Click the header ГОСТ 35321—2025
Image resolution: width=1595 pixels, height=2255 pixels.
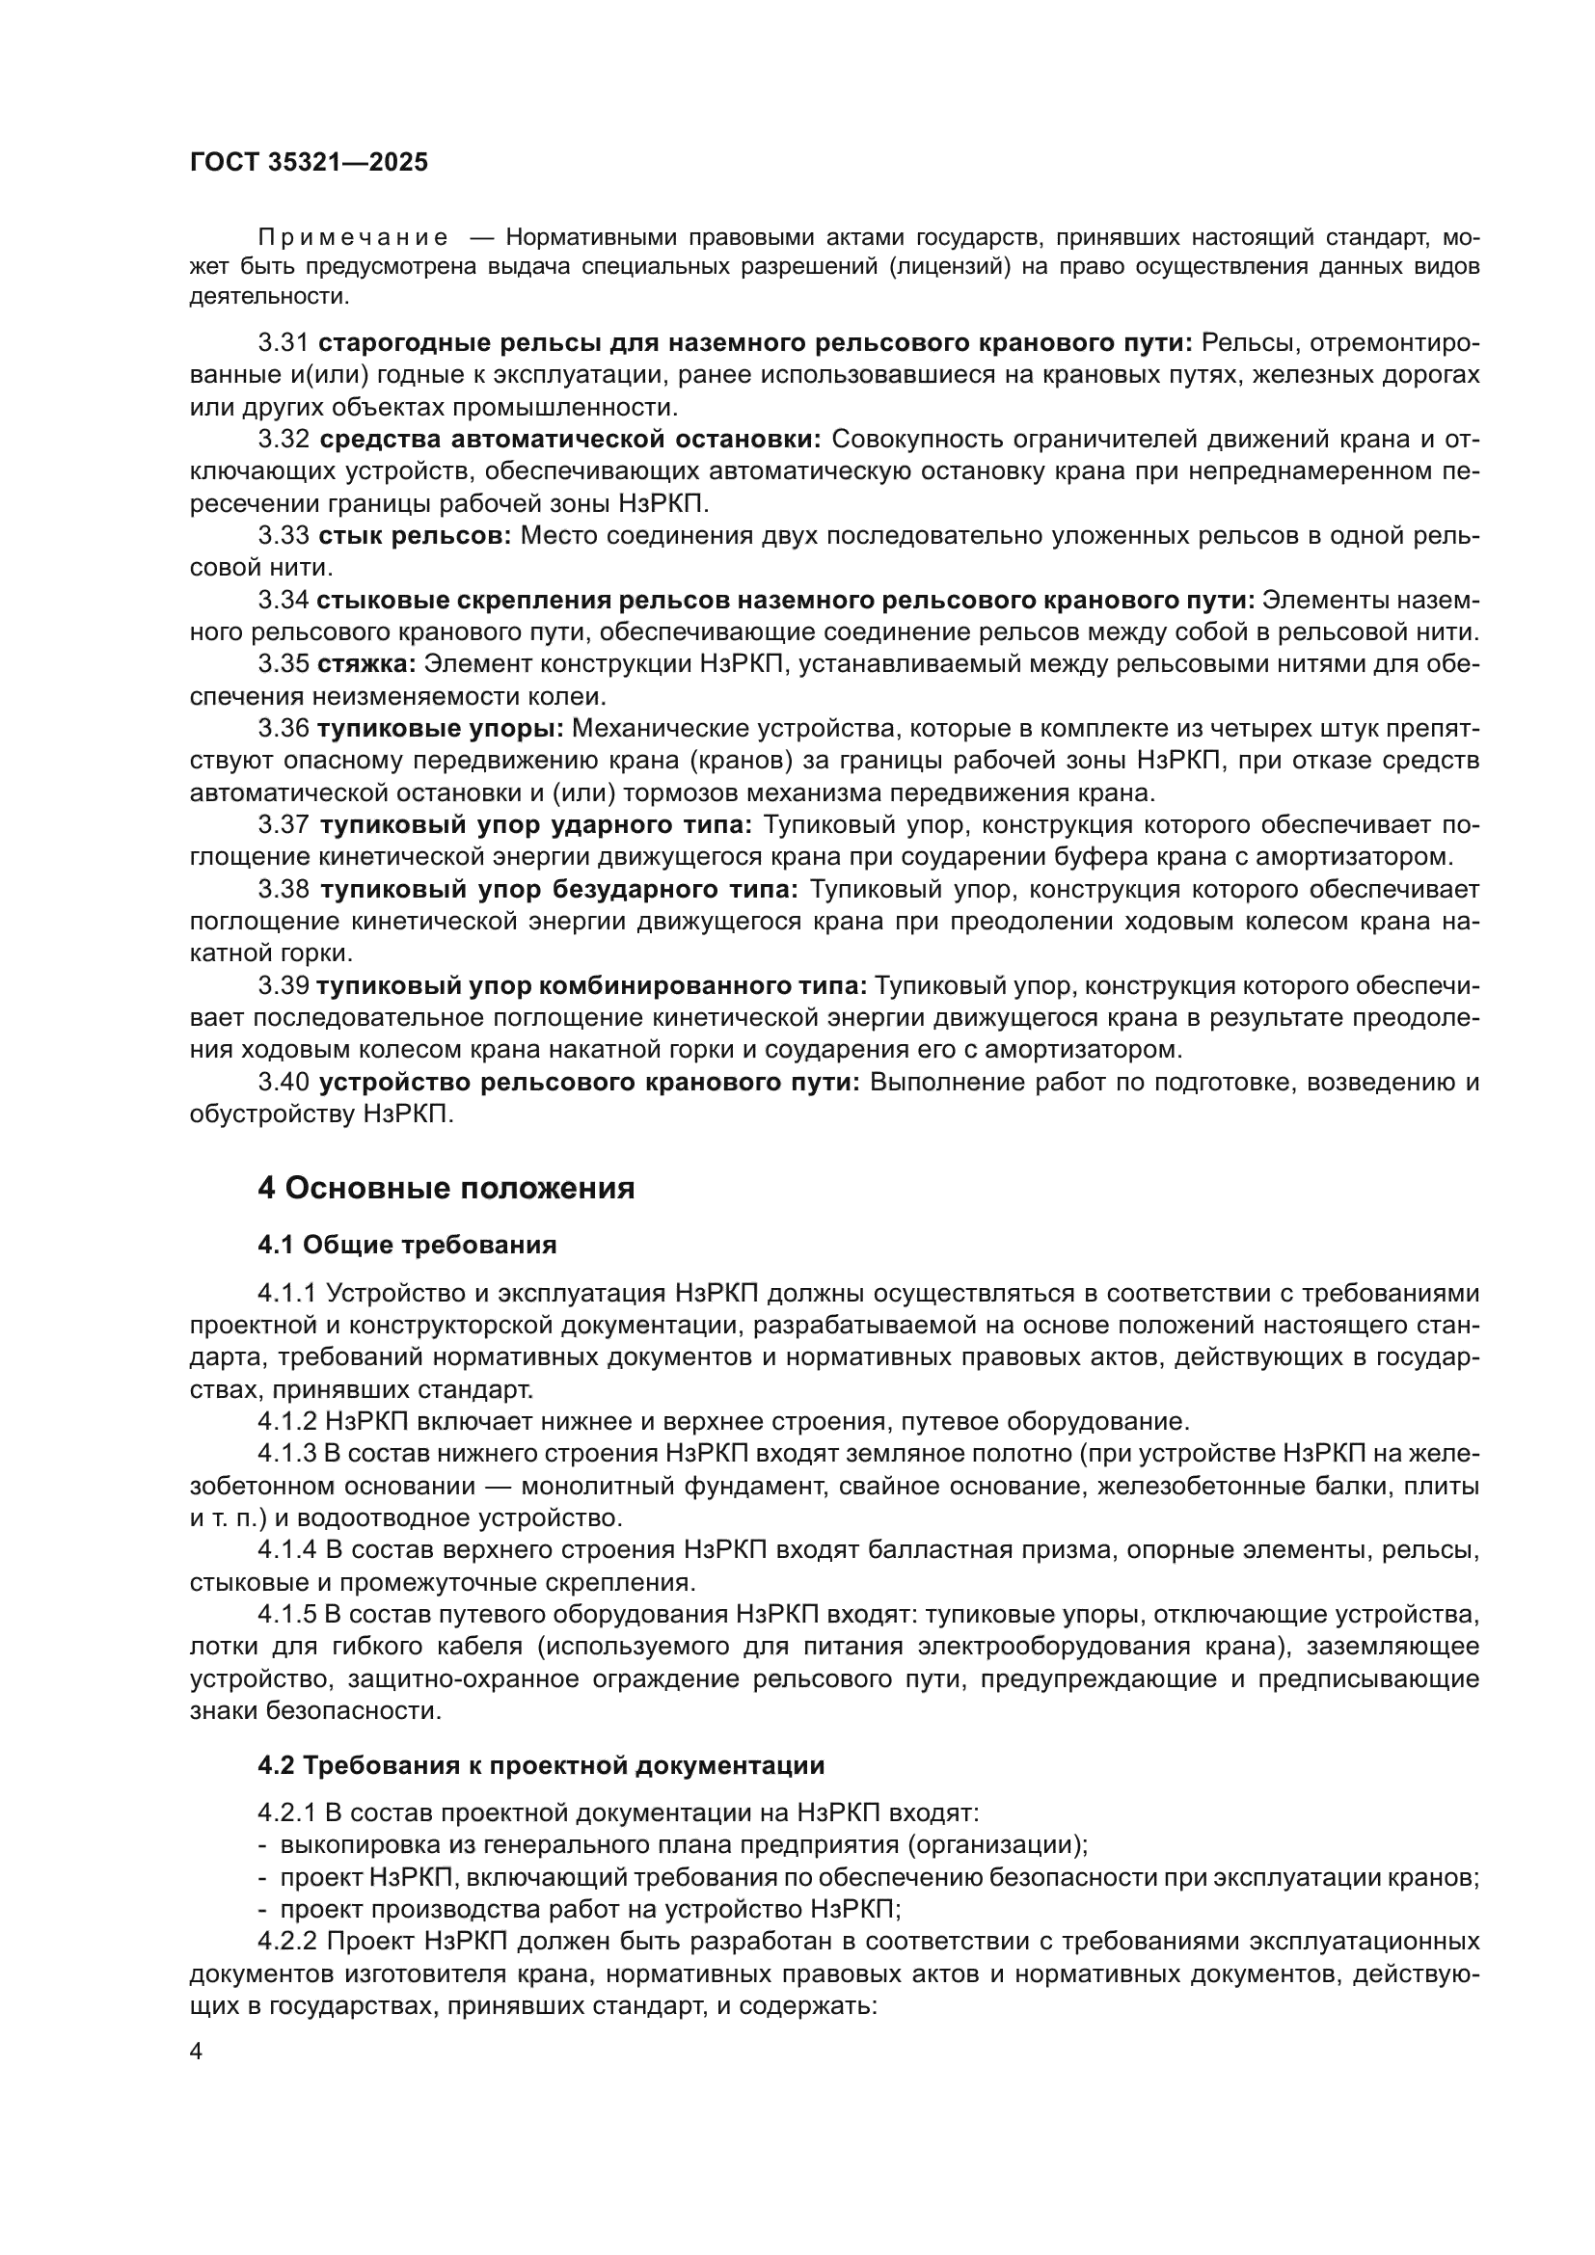pos(309,163)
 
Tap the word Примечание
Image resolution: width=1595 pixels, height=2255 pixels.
pos(354,238)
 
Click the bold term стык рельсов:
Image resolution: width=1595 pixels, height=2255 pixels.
pos(415,535)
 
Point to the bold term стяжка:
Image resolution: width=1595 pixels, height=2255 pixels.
pos(367,664)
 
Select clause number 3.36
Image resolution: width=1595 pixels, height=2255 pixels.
pos(284,729)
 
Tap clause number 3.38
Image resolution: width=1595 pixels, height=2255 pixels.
pos(284,890)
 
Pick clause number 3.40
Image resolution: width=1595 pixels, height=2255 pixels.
pos(284,1083)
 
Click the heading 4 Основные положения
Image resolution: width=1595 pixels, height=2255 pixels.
pos(446,1189)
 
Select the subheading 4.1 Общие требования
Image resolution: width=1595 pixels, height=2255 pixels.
pos(407,1246)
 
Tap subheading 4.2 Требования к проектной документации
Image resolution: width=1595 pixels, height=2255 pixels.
pos(540,1765)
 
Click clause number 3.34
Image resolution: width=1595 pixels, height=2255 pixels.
pos(284,599)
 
